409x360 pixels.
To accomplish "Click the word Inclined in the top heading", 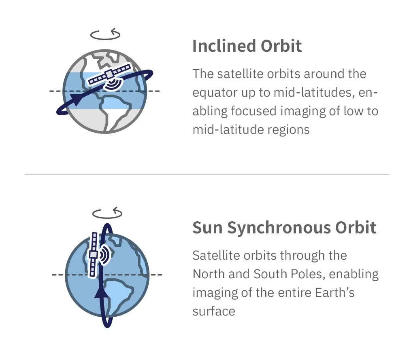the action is click(x=224, y=46).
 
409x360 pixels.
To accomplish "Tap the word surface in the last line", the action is click(x=214, y=311).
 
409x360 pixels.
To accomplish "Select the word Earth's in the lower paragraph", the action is click(x=335, y=292).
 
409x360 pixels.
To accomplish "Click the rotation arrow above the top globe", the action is click(x=105, y=35).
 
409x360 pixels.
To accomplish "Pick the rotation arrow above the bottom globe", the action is click(x=107, y=213).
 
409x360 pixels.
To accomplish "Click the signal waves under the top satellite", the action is click(x=113, y=84).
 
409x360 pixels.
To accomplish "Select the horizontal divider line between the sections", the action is click(x=207, y=174).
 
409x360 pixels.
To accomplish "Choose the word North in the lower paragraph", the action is click(x=208, y=274).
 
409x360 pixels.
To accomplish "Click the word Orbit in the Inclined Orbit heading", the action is click(x=281, y=46).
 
